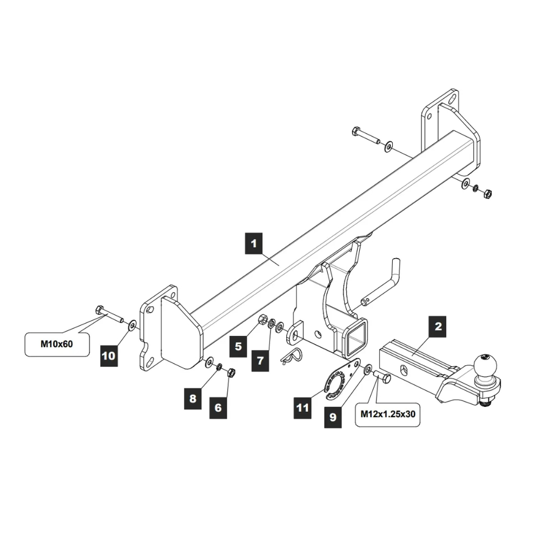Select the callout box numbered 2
[438, 326]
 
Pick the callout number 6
[218, 407]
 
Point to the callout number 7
[260, 360]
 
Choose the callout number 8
[193, 399]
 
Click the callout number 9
[333, 417]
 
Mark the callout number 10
[109, 355]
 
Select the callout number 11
[302, 407]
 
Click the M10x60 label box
[57, 344]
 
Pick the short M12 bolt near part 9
[382, 377]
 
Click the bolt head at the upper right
[357, 131]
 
